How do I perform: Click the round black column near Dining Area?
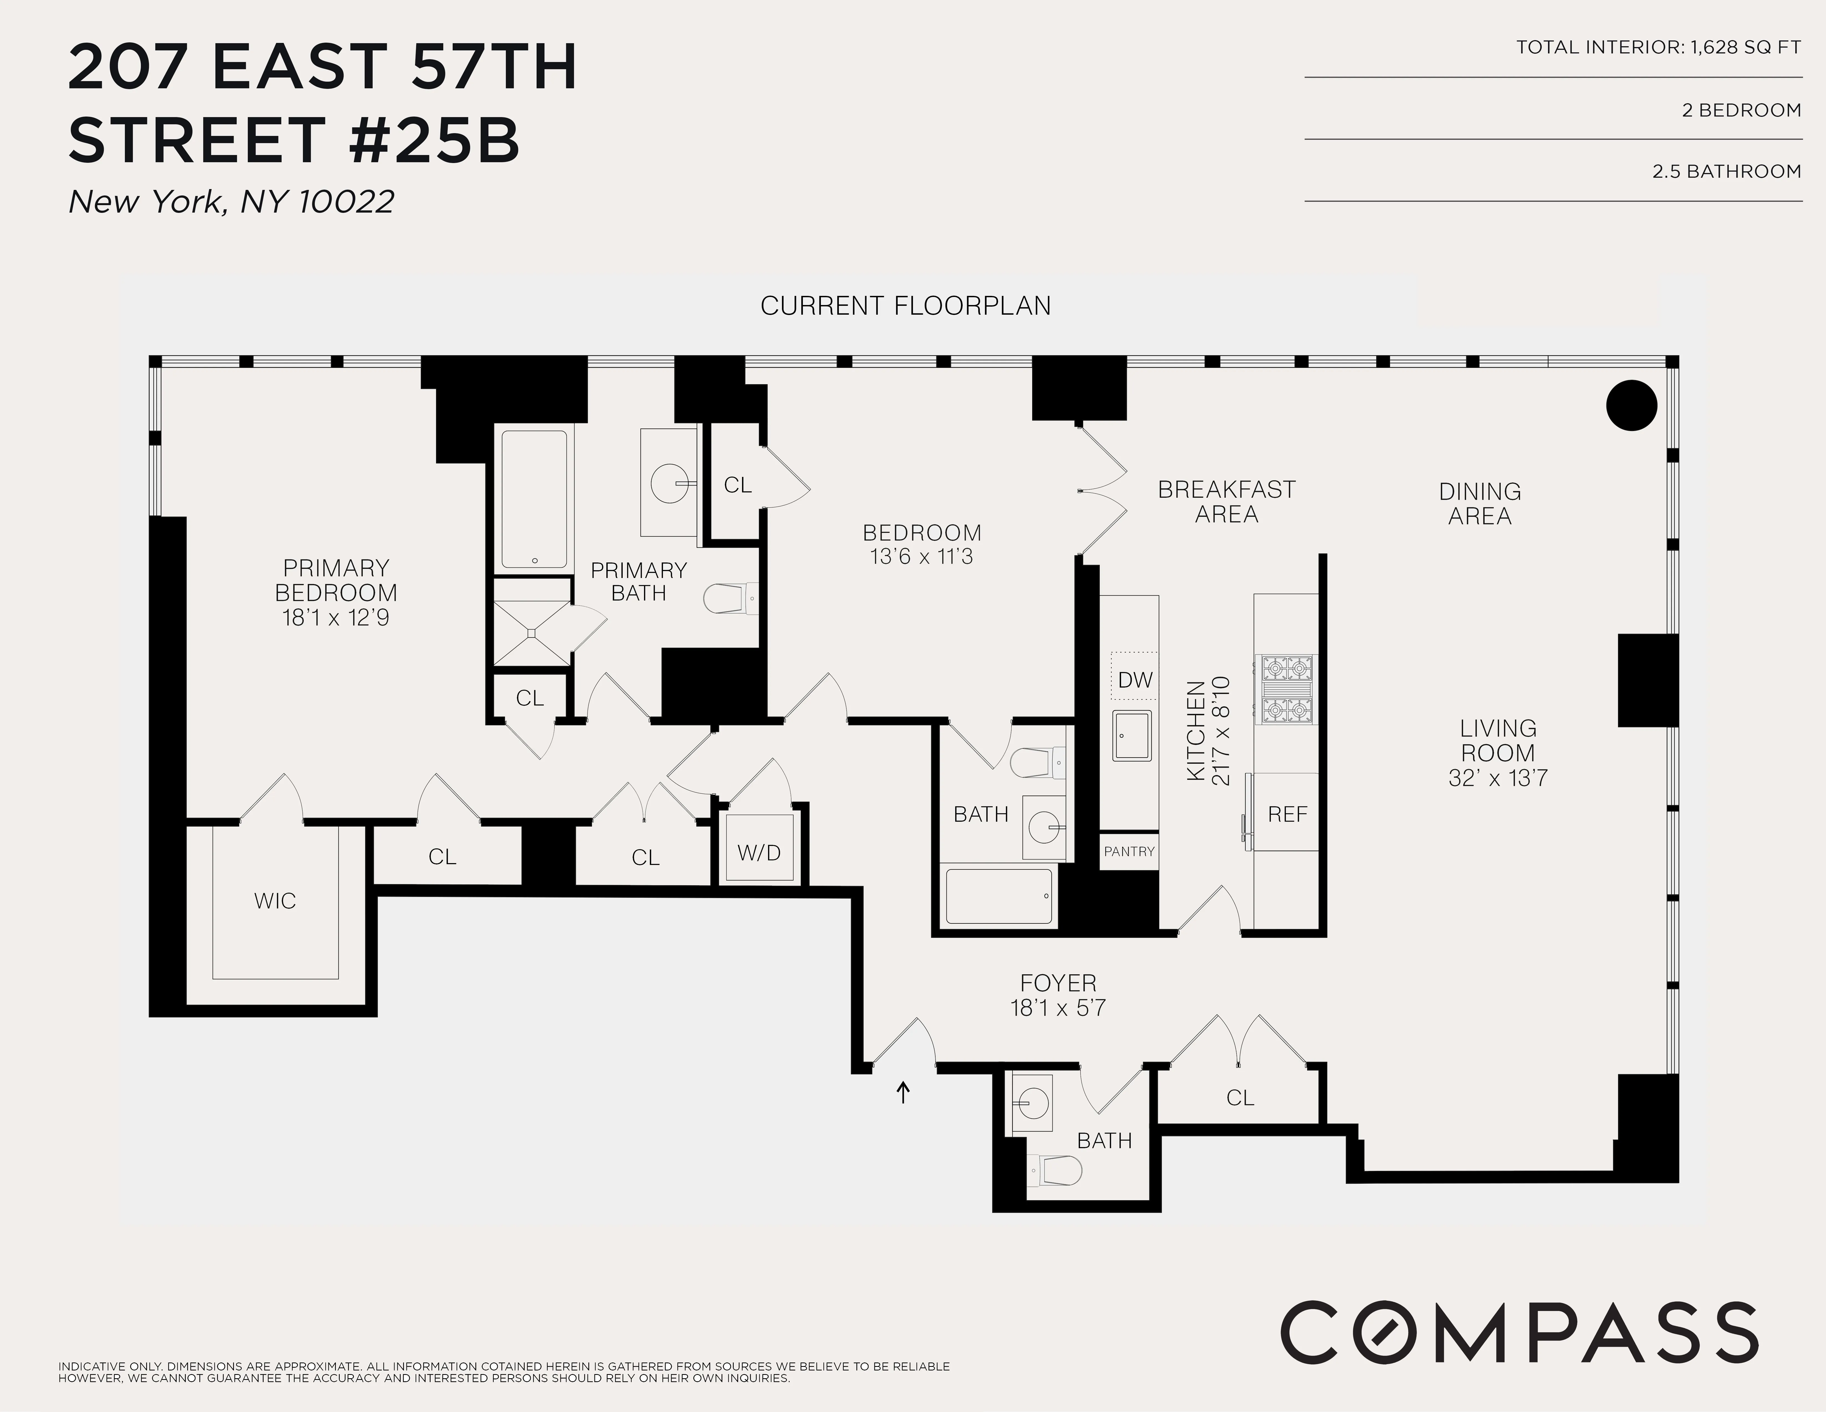[x=1631, y=406]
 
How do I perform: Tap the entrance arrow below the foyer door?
[x=903, y=1092]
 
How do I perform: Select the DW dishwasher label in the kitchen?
[x=1135, y=680]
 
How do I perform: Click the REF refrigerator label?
[x=1287, y=814]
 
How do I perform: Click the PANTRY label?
[x=1129, y=851]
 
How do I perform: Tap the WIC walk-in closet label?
[x=275, y=900]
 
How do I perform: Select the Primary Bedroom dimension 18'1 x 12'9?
[x=335, y=618]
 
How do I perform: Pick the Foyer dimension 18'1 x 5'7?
[x=1058, y=1008]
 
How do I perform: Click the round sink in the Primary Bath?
[x=671, y=483]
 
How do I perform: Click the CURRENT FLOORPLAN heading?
[x=905, y=306]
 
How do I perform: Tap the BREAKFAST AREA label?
[x=1227, y=502]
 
